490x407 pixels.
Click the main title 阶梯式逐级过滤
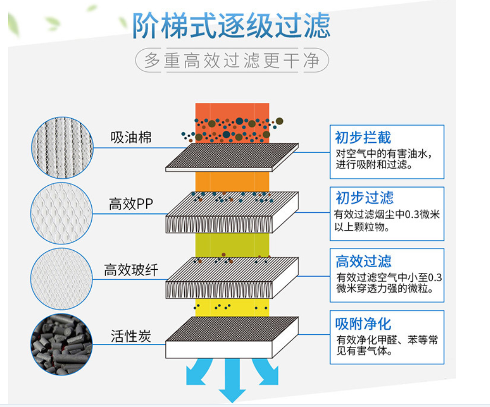point(231,25)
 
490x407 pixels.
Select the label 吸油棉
point(131,138)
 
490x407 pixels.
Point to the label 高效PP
point(130,204)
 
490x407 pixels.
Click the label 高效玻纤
point(131,270)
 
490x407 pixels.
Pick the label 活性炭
point(131,336)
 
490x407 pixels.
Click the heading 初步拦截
point(363,138)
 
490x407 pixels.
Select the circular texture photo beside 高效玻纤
point(61,278)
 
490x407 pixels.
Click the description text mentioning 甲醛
point(387,346)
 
